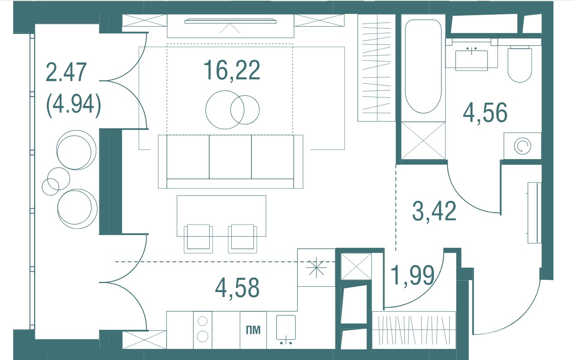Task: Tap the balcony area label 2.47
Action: tap(66, 72)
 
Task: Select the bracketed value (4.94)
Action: tap(74, 105)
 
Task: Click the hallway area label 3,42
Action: tap(434, 211)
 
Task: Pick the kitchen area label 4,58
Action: tap(237, 288)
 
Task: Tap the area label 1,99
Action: tap(413, 276)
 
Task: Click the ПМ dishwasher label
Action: tap(253, 330)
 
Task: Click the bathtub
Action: tap(423, 67)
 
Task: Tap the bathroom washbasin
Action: tap(472, 60)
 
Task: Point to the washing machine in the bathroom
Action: tap(522, 146)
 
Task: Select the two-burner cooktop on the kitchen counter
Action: tap(202, 330)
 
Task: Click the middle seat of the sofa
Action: tap(230, 157)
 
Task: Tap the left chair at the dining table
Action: tap(198, 239)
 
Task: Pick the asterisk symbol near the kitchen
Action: tap(316, 268)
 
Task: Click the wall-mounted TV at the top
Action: tap(231, 21)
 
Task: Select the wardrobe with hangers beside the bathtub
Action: tap(376, 67)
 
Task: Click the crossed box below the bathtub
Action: tap(423, 140)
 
